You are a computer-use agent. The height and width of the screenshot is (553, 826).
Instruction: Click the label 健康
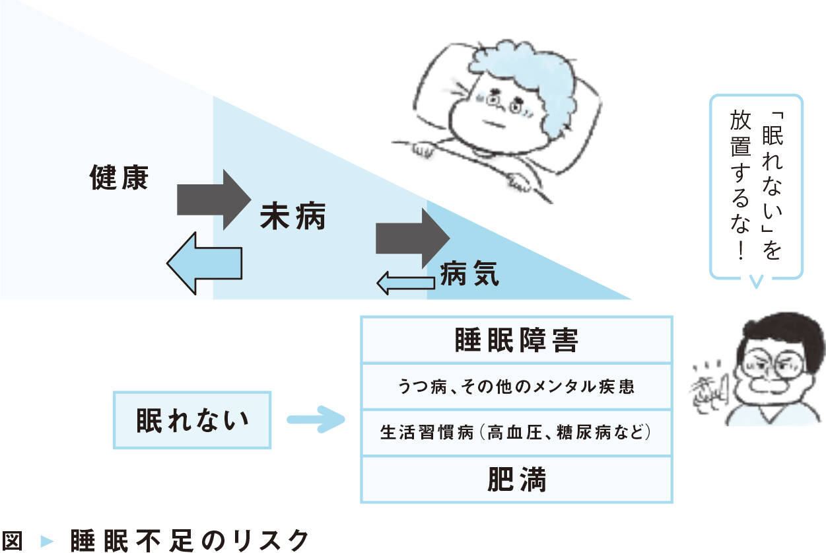click(119, 178)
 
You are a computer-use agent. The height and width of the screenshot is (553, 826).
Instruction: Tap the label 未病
click(293, 216)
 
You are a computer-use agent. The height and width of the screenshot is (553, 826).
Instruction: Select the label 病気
click(469, 273)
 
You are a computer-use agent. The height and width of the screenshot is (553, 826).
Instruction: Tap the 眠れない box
click(192, 420)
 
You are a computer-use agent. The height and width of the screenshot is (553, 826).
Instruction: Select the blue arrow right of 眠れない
click(316, 418)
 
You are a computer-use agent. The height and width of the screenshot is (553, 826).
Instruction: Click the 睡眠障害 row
click(516, 341)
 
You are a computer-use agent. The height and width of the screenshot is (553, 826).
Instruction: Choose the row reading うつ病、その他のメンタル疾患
click(516, 387)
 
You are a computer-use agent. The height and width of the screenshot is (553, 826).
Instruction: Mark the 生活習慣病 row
click(516, 433)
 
